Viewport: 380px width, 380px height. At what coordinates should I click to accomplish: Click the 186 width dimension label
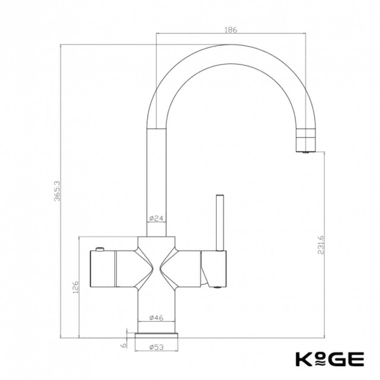pos(231,30)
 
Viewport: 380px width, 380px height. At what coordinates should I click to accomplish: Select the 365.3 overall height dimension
pos(57,191)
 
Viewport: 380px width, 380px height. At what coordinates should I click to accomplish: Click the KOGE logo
pos(329,359)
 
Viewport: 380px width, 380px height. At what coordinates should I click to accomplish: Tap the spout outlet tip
pos(306,152)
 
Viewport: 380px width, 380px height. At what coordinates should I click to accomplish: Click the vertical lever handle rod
pos(219,222)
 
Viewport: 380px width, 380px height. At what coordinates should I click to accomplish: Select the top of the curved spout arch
pos(231,54)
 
